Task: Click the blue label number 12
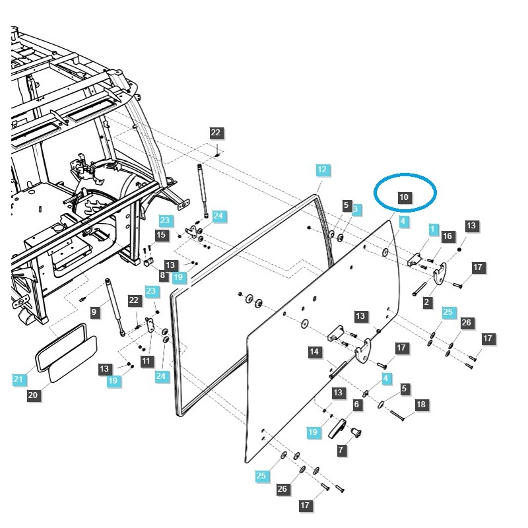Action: [322, 170]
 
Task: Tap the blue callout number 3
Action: [356, 209]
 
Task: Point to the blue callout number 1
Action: [433, 229]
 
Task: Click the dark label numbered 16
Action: [447, 236]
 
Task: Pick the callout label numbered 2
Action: [428, 302]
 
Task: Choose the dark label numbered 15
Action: [162, 235]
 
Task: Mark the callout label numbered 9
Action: [94, 312]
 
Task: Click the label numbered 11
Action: [147, 361]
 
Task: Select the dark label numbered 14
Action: [314, 352]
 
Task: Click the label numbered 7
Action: [341, 449]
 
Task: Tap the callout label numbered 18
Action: [420, 404]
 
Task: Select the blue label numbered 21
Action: [17, 379]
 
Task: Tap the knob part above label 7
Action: [356, 432]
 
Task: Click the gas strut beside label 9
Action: [114, 307]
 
